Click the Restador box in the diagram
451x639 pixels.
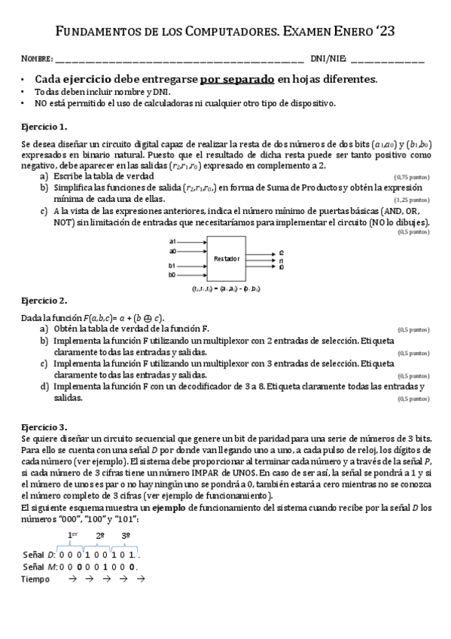pyautogui.click(x=226, y=258)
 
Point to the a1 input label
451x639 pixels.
pyautogui.click(x=172, y=242)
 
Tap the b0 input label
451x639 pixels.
pyautogui.click(x=172, y=275)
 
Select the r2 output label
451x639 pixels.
pyautogui.click(x=282, y=252)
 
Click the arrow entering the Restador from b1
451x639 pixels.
pyautogui.click(x=194, y=266)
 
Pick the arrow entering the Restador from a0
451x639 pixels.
pyautogui.click(x=194, y=250)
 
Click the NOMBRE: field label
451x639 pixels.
pyautogui.click(x=37, y=59)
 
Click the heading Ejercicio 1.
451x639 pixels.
pyautogui.click(x=44, y=126)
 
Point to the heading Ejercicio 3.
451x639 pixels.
pyautogui.click(x=44, y=427)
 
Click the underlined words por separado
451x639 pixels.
pyautogui.click(x=236, y=79)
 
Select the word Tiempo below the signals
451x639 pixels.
pyautogui.click(x=36, y=579)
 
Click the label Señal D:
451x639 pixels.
pyautogui.click(x=40, y=554)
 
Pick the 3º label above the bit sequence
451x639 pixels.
pyautogui.click(x=126, y=536)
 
